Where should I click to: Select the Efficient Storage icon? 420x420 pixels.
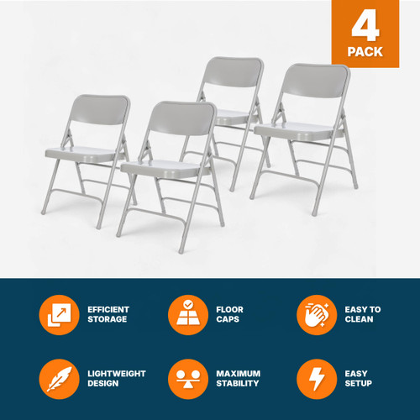[x=59, y=315]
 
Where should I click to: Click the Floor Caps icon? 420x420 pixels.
[x=187, y=315]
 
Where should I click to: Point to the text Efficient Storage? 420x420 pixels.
[x=108, y=315]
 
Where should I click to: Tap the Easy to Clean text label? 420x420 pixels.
[x=363, y=315]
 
